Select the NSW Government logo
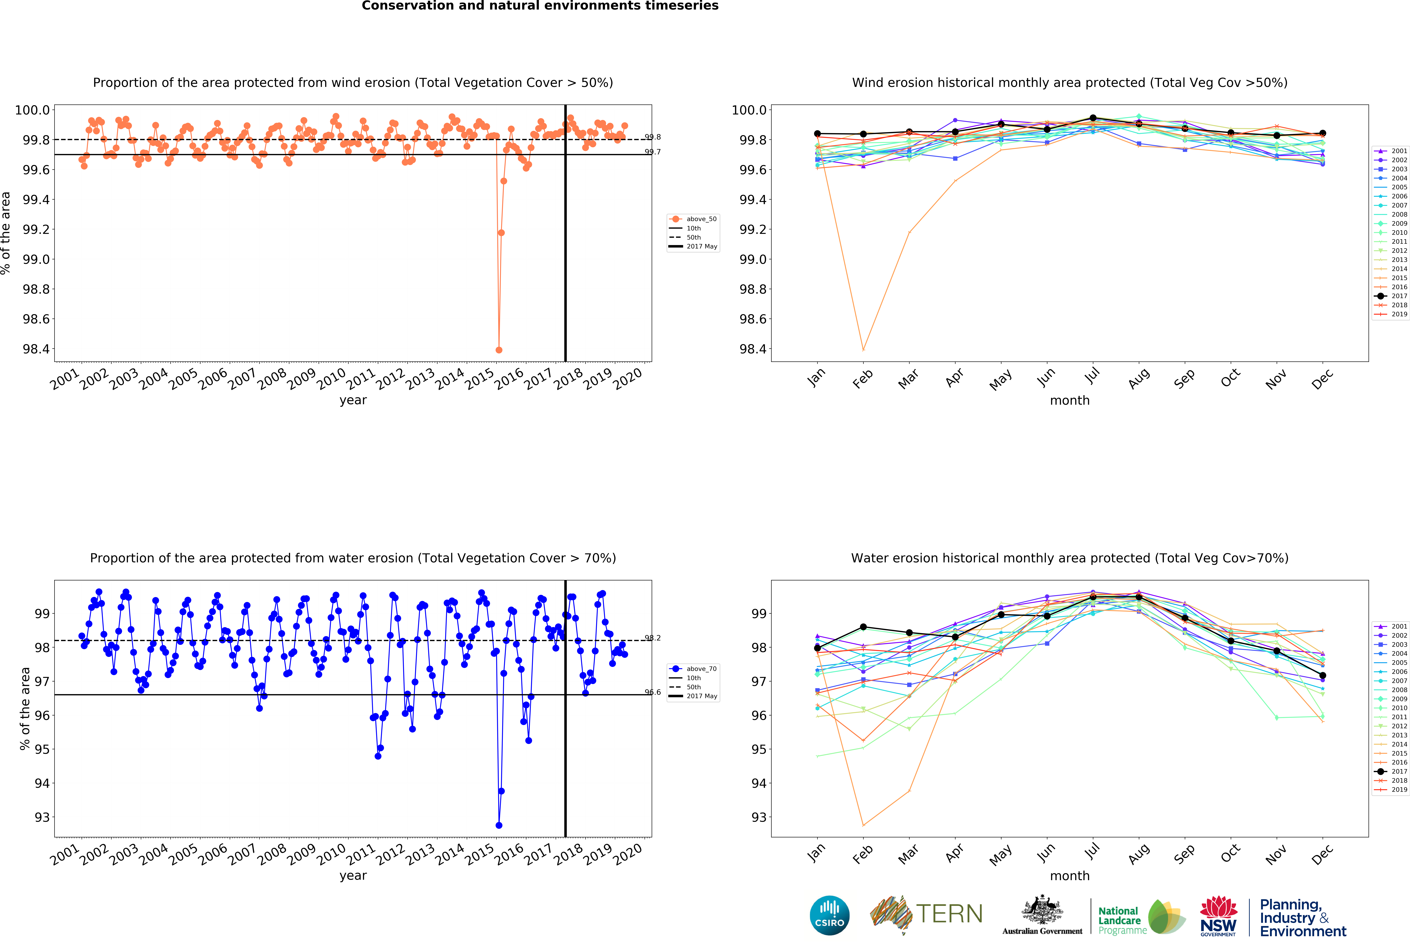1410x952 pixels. click(1218, 916)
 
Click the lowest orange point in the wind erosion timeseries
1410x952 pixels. click(499, 350)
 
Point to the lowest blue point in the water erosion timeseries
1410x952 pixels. click(499, 825)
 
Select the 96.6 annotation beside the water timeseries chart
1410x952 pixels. click(653, 692)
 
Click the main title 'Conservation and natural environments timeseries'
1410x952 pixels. click(540, 6)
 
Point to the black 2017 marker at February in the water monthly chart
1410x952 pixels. click(863, 627)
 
